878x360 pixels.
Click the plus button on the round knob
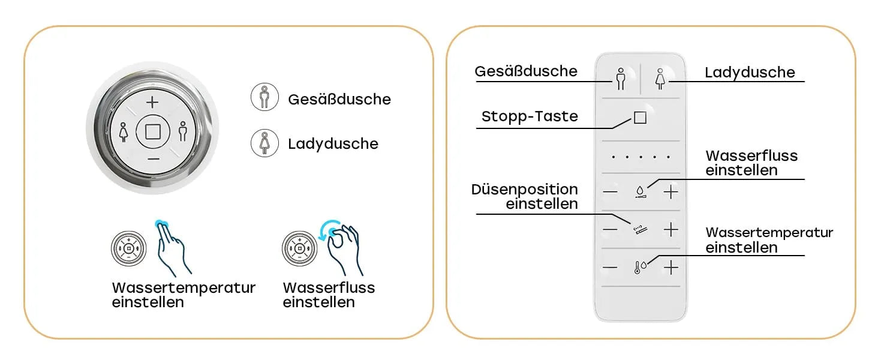(152, 102)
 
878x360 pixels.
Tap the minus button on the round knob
(152, 158)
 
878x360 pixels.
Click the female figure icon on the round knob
(124, 131)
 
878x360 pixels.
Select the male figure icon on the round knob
(183, 131)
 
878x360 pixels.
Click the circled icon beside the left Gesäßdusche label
(264, 98)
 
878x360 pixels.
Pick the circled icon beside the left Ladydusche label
(264, 143)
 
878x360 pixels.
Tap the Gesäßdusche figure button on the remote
(621, 79)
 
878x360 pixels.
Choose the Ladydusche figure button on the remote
(660, 79)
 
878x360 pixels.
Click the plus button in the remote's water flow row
(671, 192)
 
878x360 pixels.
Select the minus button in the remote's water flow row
(610, 192)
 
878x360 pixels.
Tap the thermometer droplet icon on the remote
(640, 268)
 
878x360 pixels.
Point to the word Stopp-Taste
(530, 116)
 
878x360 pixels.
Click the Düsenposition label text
(525, 190)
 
